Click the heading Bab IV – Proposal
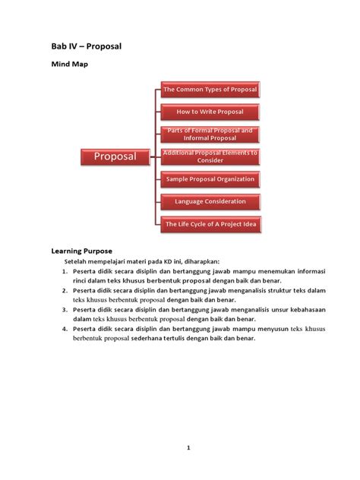click(x=87, y=47)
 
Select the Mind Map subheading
click(x=69, y=65)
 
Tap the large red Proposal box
click(x=115, y=156)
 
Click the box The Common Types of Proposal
click(x=210, y=90)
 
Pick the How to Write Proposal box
click(x=210, y=112)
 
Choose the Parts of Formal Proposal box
click(x=210, y=134)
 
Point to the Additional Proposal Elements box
click(x=210, y=156)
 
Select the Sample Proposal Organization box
click(x=210, y=179)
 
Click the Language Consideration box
click(x=210, y=201)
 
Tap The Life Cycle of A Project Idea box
click(x=210, y=224)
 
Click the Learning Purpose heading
click(x=82, y=250)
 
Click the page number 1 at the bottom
click(x=188, y=448)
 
